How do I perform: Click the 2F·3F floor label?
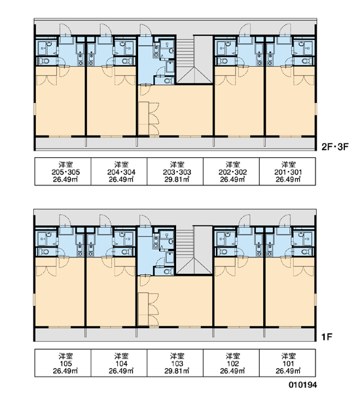coord(335,147)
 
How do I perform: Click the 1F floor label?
coord(327,337)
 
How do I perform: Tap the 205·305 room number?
coord(65,172)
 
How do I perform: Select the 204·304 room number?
coord(121,172)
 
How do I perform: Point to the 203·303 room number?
coord(177,172)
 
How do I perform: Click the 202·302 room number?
coord(232,172)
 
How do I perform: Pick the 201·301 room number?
coord(288,172)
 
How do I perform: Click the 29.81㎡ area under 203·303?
coord(177,179)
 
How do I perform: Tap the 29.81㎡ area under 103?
coord(177,371)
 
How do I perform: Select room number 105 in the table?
coord(65,364)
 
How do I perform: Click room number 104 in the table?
coord(121,364)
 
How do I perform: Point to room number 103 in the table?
coord(177,364)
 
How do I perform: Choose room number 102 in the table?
coord(232,364)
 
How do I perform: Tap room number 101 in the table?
coord(288,364)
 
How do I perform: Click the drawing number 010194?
coord(302,384)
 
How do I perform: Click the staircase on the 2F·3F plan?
coord(194,60)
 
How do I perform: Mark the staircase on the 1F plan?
coord(194,250)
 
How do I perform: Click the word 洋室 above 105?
coord(65,356)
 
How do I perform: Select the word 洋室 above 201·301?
coord(288,164)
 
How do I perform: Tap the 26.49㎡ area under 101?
coord(288,371)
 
